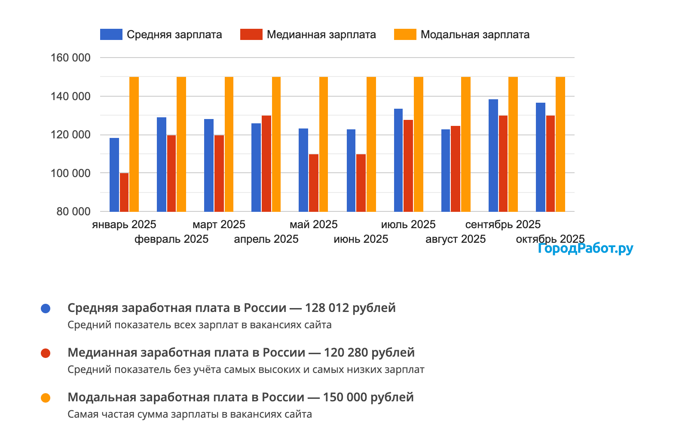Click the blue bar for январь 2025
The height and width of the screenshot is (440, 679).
[114, 175]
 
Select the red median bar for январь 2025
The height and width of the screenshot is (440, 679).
[124, 192]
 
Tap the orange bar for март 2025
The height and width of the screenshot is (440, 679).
[229, 144]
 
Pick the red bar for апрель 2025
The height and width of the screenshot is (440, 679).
[266, 163]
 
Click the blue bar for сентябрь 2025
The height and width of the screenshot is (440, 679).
[493, 156]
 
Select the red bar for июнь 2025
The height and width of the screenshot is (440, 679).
[361, 183]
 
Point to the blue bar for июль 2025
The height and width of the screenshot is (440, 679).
[398, 160]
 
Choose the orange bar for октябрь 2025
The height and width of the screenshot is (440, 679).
[560, 144]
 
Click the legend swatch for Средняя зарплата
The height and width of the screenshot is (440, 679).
[111, 34]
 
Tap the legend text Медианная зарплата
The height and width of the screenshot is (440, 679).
[321, 34]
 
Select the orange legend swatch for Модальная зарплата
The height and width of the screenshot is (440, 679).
[405, 34]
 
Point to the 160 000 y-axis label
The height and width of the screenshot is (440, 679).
[70, 58]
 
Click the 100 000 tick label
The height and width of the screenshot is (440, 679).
[70, 173]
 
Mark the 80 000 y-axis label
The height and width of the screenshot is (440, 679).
[73, 211]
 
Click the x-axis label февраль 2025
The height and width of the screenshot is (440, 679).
[171, 239]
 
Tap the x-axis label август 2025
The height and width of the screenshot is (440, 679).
[456, 239]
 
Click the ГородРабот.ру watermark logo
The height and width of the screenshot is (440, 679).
[585, 248]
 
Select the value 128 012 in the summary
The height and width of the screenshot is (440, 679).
[329, 308]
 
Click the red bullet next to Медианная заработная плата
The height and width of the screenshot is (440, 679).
[46, 353]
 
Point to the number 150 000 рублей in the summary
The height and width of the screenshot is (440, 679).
[368, 397]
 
